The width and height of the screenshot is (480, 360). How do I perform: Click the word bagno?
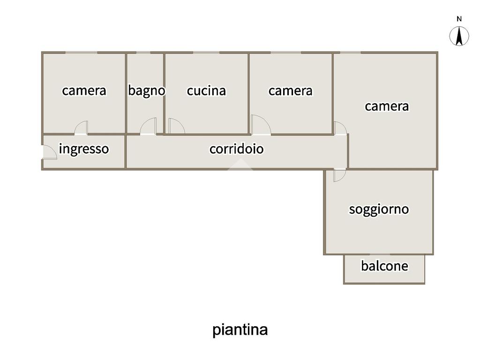(x=146, y=90)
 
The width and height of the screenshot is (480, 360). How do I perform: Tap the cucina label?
(x=206, y=90)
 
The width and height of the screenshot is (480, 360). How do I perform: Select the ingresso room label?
(x=84, y=149)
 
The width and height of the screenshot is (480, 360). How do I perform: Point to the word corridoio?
(x=236, y=149)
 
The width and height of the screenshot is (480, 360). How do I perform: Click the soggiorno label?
(x=379, y=209)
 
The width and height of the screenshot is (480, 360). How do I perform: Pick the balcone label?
(x=384, y=266)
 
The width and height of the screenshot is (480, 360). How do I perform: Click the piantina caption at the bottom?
(x=240, y=330)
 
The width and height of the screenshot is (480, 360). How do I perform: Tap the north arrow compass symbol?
(x=459, y=37)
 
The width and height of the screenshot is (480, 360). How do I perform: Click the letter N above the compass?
(x=459, y=19)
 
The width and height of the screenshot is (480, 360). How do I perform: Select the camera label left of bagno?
(x=84, y=90)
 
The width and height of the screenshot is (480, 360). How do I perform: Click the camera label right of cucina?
(x=290, y=90)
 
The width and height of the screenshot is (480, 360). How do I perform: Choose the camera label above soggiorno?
(x=387, y=106)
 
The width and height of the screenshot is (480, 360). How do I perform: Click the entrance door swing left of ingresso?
(x=49, y=152)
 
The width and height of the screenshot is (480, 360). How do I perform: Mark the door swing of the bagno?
(x=149, y=127)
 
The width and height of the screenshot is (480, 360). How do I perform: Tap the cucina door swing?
(x=176, y=126)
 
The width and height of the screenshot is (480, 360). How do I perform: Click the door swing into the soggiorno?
(x=339, y=175)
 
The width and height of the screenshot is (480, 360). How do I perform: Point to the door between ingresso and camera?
(x=82, y=128)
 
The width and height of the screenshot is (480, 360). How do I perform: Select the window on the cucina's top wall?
(x=206, y=52)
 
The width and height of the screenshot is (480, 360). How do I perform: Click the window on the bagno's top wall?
(x=143, y=52)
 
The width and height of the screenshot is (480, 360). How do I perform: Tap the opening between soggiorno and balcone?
(x=384, y=255)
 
